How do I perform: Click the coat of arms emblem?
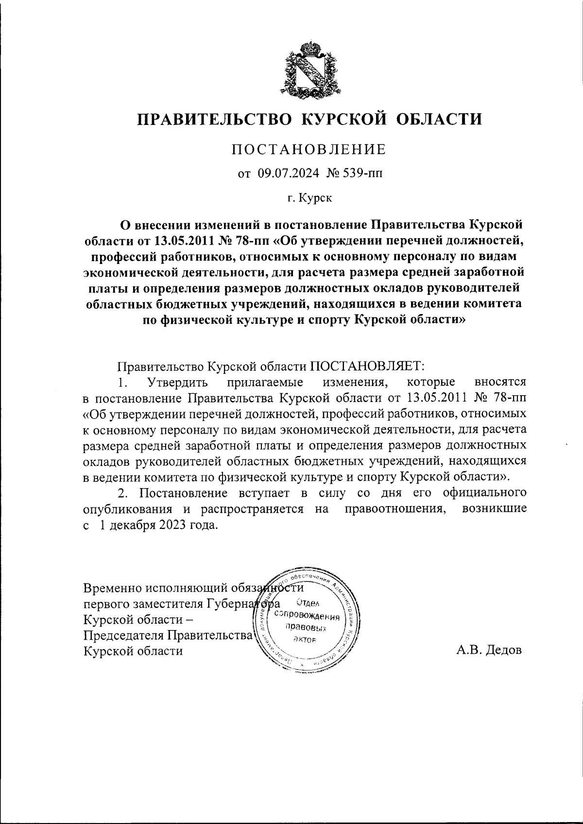coord(309,68)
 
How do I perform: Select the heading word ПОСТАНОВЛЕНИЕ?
coord(309,149)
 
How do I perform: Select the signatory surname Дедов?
coord(503,650)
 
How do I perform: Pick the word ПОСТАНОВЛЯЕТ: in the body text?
coord(368,365)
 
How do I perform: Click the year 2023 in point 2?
coord(172,526)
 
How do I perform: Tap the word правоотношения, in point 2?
coord(395,509)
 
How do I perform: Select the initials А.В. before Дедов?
coord(468,650)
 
